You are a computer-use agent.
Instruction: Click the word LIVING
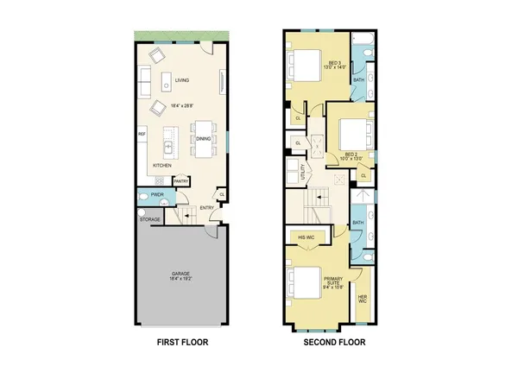tap(182, 81)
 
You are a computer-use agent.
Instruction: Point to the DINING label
tap(204, 138)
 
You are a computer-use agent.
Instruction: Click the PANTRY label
tap(181, 181)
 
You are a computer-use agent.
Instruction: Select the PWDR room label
tap(157, 195)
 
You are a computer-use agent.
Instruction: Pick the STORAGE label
tap(151, 219)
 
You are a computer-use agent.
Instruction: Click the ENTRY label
tap(208, 208)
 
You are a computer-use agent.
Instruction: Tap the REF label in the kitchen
tap(142, 135)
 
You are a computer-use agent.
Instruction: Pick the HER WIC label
tap(363, 298)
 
